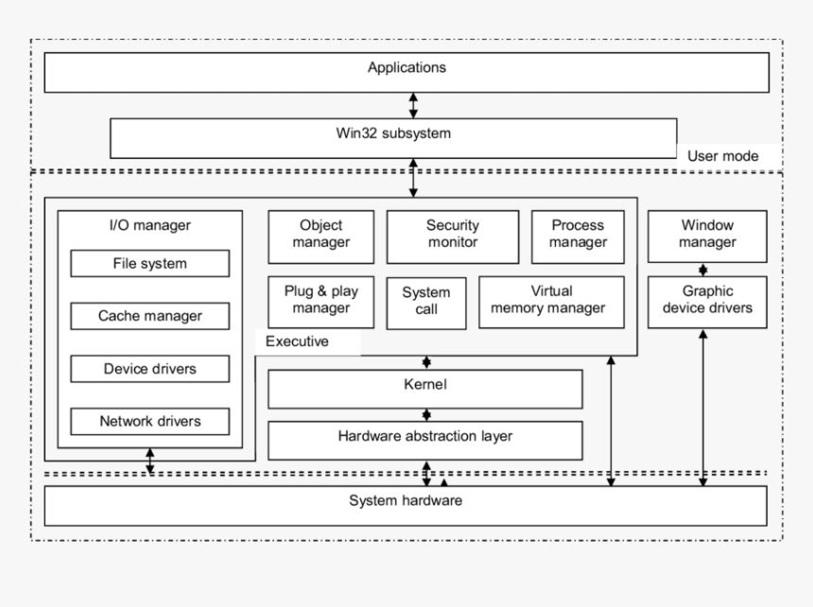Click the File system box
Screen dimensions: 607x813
pos(150,264)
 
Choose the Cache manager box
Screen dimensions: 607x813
pos(150,316)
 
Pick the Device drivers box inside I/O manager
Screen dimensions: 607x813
pos(150,369)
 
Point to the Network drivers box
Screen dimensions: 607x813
pos(150,421)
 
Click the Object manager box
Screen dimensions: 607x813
pos(320,235)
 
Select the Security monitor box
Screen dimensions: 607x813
pos(452,235)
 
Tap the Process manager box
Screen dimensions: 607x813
pos(578,235)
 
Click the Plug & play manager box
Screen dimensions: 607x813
pos(320,302)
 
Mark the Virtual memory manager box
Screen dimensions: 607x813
pos(551,302)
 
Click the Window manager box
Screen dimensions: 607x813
pos(707,235)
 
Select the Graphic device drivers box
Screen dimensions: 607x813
pos(707,302)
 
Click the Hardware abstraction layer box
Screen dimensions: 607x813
pos(424,439)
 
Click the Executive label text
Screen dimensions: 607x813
pos(297,342)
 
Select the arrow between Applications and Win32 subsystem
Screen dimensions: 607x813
pos(413,105)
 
